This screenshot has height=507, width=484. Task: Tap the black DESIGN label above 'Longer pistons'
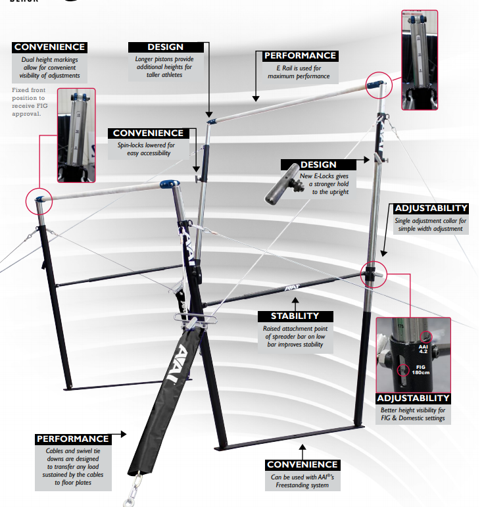[166, 47]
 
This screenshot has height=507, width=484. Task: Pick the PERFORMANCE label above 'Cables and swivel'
[73, 439]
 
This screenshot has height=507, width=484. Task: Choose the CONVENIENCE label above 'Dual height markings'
[49, 47]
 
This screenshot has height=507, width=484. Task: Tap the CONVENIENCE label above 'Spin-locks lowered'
[149, 133]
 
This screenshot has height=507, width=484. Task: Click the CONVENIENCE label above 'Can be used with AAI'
[303, 464]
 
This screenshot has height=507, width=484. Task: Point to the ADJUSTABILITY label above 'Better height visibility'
[413, 398]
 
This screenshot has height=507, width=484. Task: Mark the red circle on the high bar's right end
[378, 84]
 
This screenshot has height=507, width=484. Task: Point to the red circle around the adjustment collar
[372, 273]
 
